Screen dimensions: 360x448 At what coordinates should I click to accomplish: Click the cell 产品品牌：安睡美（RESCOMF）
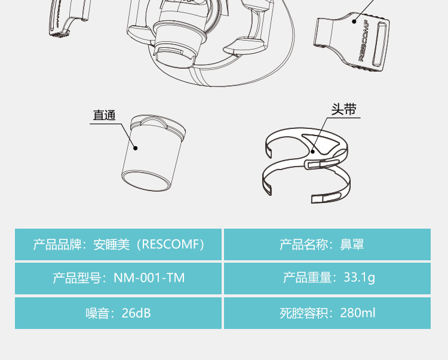click(x=118, y=244)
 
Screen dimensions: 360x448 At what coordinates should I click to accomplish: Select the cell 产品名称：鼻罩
click(x=327, y=244)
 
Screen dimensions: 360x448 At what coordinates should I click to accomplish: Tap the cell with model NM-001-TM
click(x=118, y=278)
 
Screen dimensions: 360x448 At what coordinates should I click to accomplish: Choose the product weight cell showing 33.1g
click(x=327, y=278)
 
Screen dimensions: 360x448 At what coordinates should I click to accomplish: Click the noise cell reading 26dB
click(x=118, y=313)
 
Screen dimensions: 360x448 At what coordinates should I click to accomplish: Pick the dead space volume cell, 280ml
click(x=327, y=313)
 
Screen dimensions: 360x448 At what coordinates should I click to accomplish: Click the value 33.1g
click(x=359, y=278)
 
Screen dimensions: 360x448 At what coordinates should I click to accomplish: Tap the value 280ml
click(x=357, y=313)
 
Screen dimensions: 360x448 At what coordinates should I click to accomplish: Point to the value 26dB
click(x=136, y=313)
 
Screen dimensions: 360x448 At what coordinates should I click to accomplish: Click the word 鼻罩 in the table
click(x=352, y=244)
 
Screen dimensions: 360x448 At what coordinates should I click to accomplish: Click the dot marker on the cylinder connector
click(x=136, y=147)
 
